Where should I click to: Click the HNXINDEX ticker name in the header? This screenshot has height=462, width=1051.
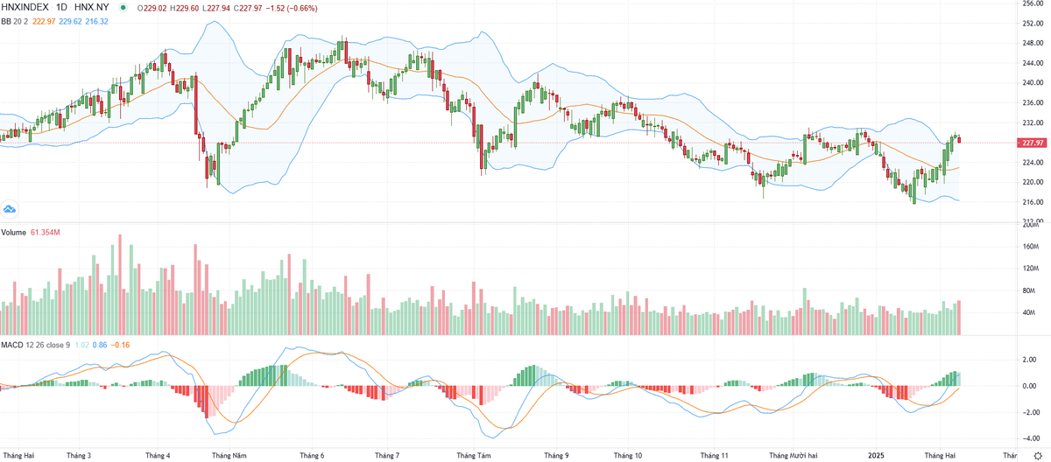coord(27,7)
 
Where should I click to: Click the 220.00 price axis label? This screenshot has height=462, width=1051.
coord(1033,182)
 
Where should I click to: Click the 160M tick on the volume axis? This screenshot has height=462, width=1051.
coord(1031,246)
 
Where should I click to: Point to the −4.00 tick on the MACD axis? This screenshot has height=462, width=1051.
coord(1031,438)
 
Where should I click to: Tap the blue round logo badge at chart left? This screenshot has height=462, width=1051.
coord(10,209)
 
